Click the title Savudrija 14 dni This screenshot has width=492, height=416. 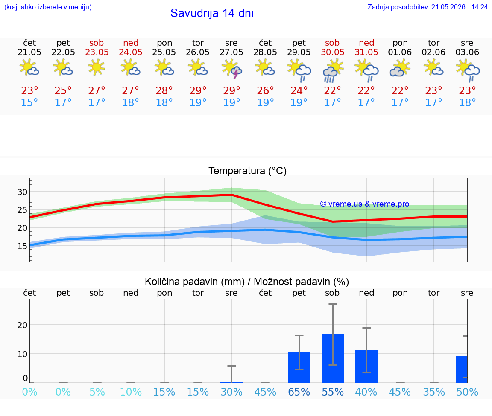click(212, 13)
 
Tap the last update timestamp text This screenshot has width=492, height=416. click(428, 7)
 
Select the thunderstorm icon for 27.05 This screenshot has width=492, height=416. click(231, 69)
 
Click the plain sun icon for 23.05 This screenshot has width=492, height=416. click(97, 67)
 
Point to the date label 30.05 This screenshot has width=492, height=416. click(333, 52)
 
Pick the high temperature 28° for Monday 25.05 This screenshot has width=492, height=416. click(164, 90)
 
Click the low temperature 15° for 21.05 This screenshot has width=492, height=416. click(29, 102)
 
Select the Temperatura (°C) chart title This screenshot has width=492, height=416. click(248, 171)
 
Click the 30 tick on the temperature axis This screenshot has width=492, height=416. click(22, 192)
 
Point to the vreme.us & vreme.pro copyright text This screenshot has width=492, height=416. click(365, 204)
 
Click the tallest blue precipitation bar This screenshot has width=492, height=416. click(333, 358)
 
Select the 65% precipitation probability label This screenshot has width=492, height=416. click(299, 392)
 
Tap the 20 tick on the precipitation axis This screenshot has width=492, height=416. click(22, 325)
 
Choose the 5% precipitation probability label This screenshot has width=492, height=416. click(97, 392)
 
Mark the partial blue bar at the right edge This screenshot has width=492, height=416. click(462, 369)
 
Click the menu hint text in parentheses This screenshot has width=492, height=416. click(48, 7)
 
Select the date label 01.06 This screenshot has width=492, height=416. click(400, 52)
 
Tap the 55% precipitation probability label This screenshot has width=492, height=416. click(333, 392)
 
